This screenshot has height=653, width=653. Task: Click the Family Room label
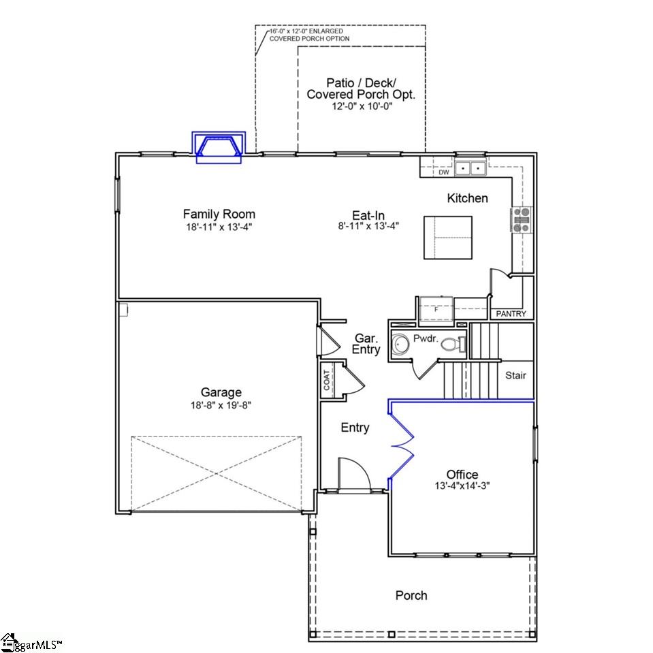click(x=219, y=214)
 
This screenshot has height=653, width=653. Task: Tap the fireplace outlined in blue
click(x=218, y=147)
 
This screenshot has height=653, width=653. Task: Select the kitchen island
click(x=448, y=238)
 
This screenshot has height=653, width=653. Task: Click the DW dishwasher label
click(x=444, y=173)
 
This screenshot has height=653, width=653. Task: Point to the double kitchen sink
click(x=471, y=168)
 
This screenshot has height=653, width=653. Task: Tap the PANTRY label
click(x=511, y=314)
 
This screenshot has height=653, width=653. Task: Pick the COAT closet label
click(x=327, y=379)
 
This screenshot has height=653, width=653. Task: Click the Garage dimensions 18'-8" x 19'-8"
click(x=221, y=404)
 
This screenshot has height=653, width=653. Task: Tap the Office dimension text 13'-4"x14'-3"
click(x=462, y=486)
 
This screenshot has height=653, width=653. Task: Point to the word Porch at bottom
click(x=411, y=596)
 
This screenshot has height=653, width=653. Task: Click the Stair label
click(x=515, y=375)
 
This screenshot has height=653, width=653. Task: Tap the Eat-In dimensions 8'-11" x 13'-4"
click(x=368, y=226)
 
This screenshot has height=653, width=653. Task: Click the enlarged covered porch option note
click(x=309, y=35)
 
